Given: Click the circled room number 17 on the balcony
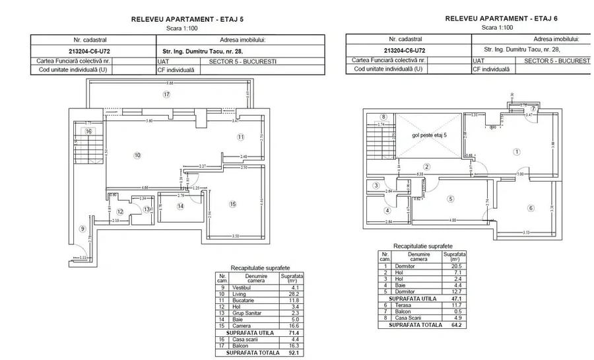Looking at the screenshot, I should (168, 95).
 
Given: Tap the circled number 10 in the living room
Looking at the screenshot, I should (137, 156).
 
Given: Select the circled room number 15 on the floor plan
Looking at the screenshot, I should (232, 204).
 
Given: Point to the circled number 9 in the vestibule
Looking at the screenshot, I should (82, 229).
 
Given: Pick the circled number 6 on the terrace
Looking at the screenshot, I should (530, 209).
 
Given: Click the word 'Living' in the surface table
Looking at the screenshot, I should (238, 294).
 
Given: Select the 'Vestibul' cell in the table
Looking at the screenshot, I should (240, 288).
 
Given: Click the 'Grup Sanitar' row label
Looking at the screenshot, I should (244, 312).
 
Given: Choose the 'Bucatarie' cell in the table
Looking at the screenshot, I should (242, 300).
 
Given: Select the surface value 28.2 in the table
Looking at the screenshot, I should (290, 294).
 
